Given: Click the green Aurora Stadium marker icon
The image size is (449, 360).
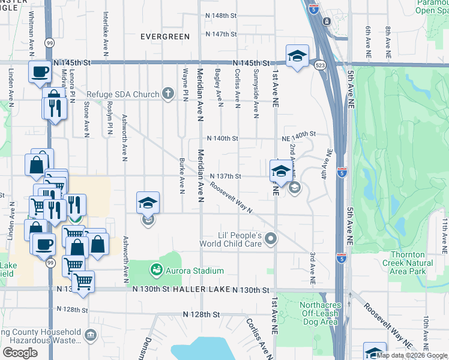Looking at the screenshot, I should pos(157,271).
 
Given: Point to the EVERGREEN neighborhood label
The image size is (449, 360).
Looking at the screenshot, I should pos(165,37).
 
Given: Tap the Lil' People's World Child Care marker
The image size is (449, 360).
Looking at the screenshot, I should pos(271,239).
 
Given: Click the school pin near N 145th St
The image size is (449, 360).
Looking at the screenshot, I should pos(297,56).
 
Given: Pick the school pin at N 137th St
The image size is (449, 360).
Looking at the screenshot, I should pos(280,171).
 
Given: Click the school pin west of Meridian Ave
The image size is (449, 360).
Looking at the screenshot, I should pos(147,203).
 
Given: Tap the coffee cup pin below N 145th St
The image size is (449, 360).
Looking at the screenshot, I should pos(40,71).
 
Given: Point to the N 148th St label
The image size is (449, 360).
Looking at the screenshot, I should pos(221,15).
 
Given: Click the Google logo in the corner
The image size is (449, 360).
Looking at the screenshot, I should pos(20,353).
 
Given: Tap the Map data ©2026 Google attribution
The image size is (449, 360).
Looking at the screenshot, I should pos(412,355).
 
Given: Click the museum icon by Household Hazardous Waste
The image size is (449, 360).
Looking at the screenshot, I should pos(91,335).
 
